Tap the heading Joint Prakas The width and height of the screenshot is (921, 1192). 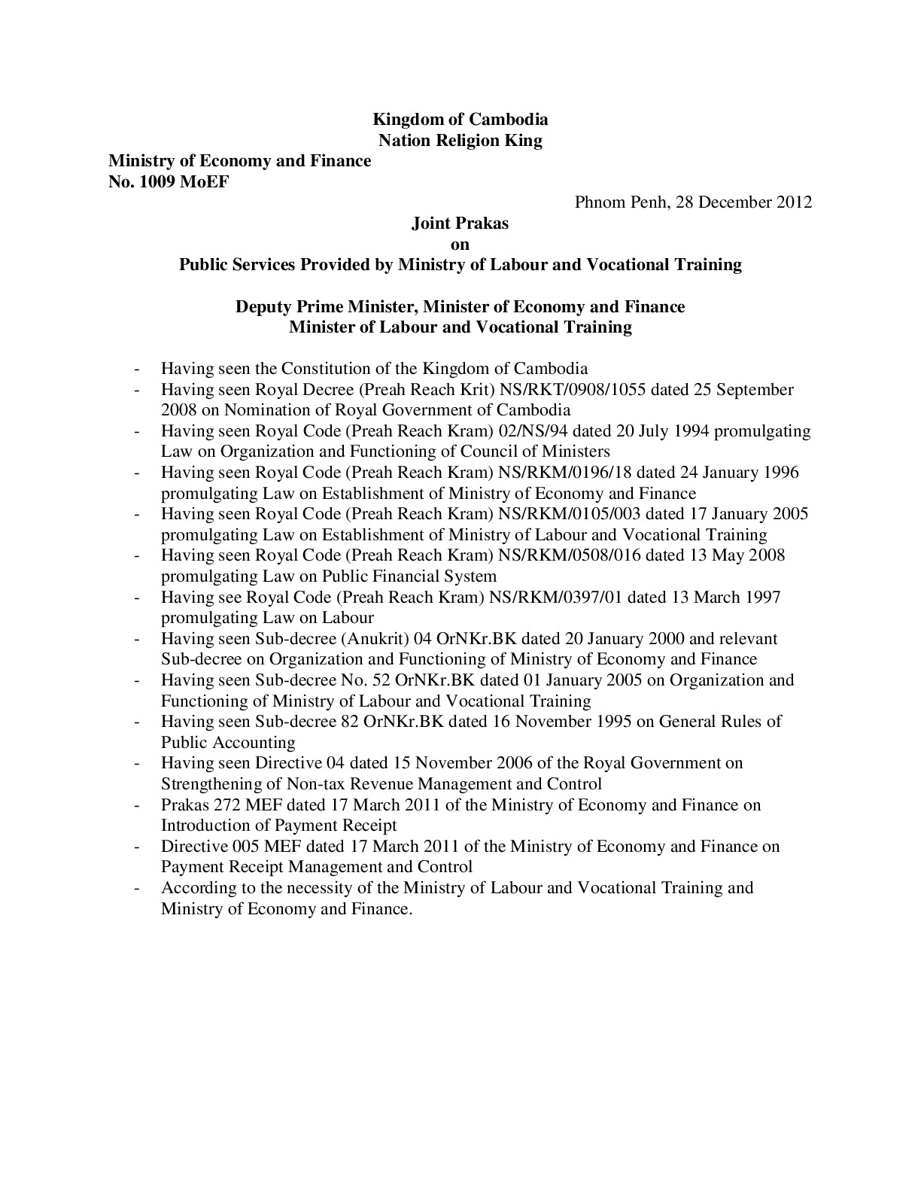460,223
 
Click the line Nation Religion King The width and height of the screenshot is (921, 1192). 460,140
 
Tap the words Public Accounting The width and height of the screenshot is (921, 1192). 228,743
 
